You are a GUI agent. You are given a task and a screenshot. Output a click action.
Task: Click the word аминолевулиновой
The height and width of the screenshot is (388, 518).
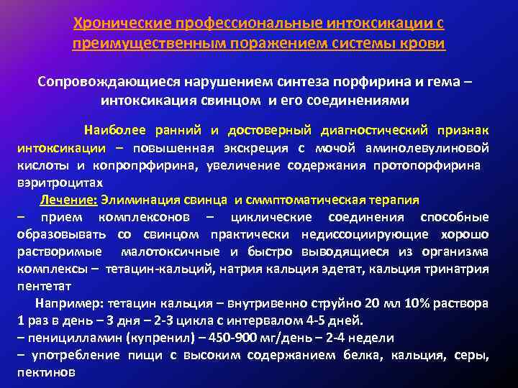pyautogui.click(x=437, y=147)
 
